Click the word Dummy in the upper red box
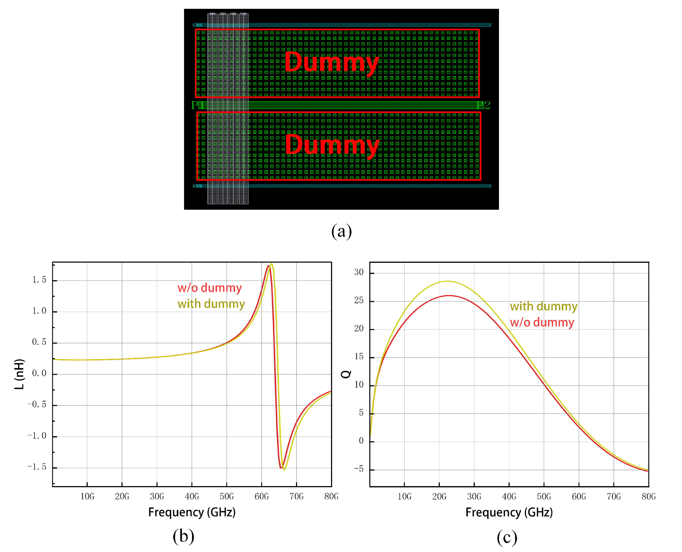pos(332,62)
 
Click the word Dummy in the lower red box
pos(332,145)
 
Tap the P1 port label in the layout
pos(197,105)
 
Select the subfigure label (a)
pos(341,231)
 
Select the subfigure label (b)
pos(184,536)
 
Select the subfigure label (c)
pos(507,538)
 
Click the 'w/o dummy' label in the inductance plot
pos(210,288)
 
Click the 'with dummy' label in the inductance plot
pos(211,304)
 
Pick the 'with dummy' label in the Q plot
pos(543,306)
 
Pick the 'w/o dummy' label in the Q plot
pos(542,322)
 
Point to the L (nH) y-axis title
pos(19,374)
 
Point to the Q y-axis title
pos(346,374)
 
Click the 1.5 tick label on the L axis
pos(39,280)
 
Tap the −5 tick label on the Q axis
pos(358,469)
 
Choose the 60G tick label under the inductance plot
pos(262,496)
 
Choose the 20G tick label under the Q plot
pos(439,496)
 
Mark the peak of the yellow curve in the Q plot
pos(447,281)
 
